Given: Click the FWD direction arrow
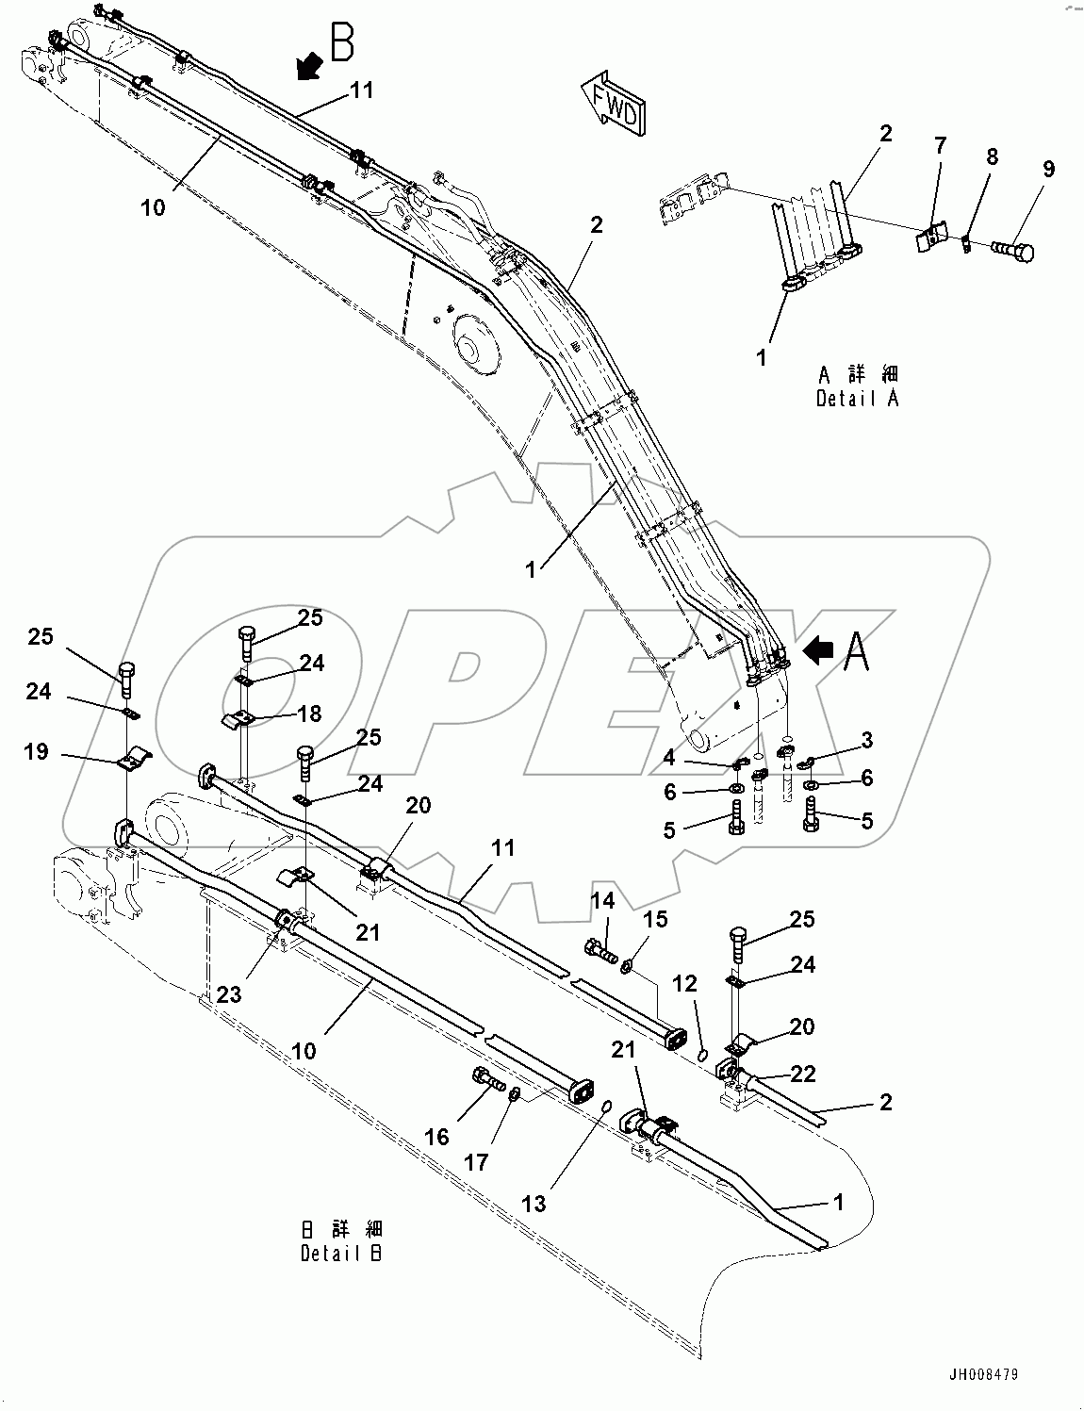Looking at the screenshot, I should point(613,104).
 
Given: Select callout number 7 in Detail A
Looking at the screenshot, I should point(939,145).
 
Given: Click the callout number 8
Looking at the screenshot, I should point(992,156).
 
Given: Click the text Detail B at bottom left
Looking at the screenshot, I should point(342,1254).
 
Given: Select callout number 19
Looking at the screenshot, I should point(36,753).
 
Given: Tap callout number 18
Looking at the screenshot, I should point(308,714).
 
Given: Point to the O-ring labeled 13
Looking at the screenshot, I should point(607,1105).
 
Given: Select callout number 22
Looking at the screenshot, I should point(804,1073).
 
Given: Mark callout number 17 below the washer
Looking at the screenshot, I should point(477,1162).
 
